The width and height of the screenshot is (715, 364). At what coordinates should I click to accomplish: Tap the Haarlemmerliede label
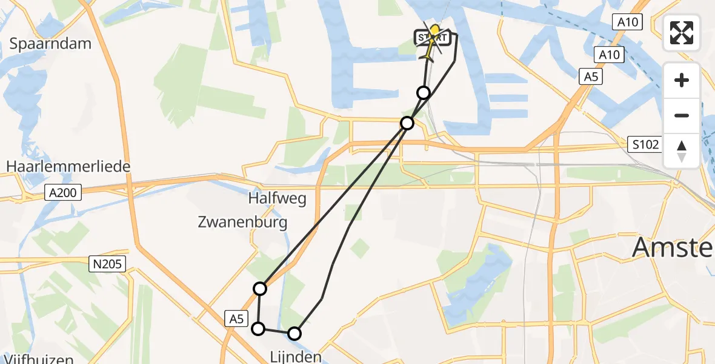pyautogui.click(x=68, y=166)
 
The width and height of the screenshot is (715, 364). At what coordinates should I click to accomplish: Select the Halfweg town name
pyautogui.click(x=277, y=198)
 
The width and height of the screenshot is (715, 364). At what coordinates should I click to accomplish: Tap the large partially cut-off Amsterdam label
pyautogui.click(x=673, y=248)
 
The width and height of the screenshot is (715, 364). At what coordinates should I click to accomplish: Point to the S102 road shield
pyautogui.click(x=643, y=145)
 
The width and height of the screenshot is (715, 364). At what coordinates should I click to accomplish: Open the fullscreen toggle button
pyautogui.click(x=682, y=33)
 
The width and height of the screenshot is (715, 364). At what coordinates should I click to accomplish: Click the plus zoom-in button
pyautogui.click(x=682, y=80)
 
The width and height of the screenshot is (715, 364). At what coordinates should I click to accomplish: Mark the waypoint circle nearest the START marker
pyautogui.click(x=424, y=92)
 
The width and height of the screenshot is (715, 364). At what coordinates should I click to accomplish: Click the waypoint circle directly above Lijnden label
pyautogui.click(x=294, y=333)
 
